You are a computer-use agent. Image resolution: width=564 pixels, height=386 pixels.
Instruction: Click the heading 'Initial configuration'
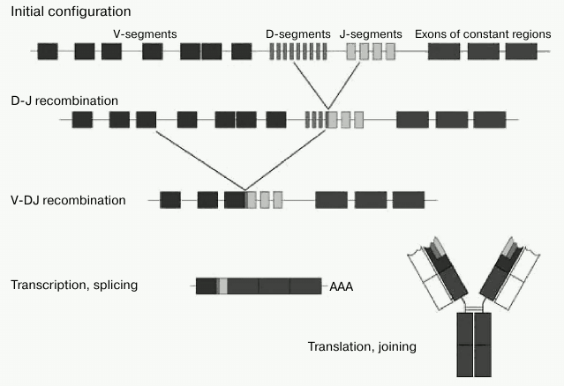pyautogui.click(x=70, y=11)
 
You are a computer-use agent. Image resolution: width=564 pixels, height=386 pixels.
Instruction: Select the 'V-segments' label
pyautogui.click(x=146, y=33)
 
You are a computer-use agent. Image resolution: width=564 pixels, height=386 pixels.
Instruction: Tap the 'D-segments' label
pyautogui.click(x=298, y=33)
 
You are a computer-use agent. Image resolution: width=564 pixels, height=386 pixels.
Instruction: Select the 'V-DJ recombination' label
pyautogui.click(x=68, y=200)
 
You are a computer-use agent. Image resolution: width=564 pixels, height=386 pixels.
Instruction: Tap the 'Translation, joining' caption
pyautogui.click(x=362, y=346)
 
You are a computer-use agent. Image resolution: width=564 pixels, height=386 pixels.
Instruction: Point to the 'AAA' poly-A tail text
pyautogui.click(x=341, y=286)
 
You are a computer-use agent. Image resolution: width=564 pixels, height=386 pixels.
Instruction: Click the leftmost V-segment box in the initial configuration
pyautogui.click(x=48, y=51)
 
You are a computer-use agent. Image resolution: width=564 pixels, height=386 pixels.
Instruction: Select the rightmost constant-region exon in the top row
pyautogui.click(x=521, y=51)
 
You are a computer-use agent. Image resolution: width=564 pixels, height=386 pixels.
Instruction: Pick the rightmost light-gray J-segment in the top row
pyautogui.click(x=390, y=51)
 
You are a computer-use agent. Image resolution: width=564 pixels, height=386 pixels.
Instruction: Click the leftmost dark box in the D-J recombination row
pyautogui.click(x=82, y=119)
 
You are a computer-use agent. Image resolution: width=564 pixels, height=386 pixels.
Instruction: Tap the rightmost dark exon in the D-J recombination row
pyautogui.click(x=490, y=119)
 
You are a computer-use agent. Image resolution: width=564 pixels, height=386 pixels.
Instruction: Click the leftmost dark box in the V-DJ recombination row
pyautogui.click(x=170, y=200)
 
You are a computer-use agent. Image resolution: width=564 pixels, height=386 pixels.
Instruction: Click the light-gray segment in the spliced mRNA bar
pyautogui.click(x=222, y=286)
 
